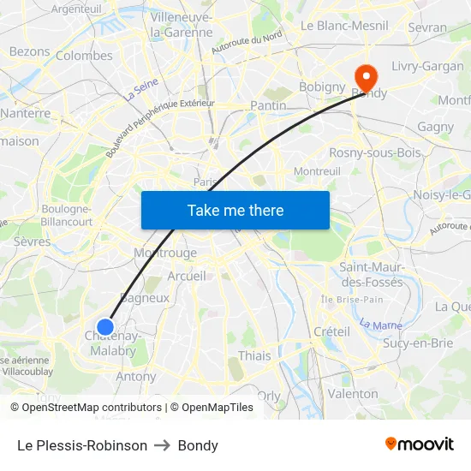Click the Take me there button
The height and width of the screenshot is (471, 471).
click(x=235, y=210)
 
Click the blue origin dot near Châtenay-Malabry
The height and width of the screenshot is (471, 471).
click(x=105, y=326)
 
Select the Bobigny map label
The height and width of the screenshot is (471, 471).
click(x=321, y=86)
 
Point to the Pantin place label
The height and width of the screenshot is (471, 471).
click(x=267, y=104)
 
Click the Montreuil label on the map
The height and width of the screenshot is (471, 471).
click(x=317, y=171)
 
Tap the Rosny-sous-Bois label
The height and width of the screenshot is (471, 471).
click(x=375, y=152)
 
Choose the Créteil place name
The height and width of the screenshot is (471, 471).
click(x=331, y=331)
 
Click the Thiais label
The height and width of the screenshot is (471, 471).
click(x=254, y=355)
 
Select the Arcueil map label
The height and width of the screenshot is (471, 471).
click(x=187, y=276)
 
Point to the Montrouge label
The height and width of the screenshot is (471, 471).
click(x=165, y=253)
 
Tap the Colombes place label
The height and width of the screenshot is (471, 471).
click(x=84, y=56)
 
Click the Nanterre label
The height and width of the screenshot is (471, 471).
click(x=25, y=112)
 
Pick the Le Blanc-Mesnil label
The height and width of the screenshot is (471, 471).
click(x=343, y=26)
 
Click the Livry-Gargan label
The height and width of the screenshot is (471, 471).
click(x=427, y=66)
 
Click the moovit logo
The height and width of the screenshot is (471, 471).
click(x=420, y=444)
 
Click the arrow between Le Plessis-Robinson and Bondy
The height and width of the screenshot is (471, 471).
click(x=163, y=445)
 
